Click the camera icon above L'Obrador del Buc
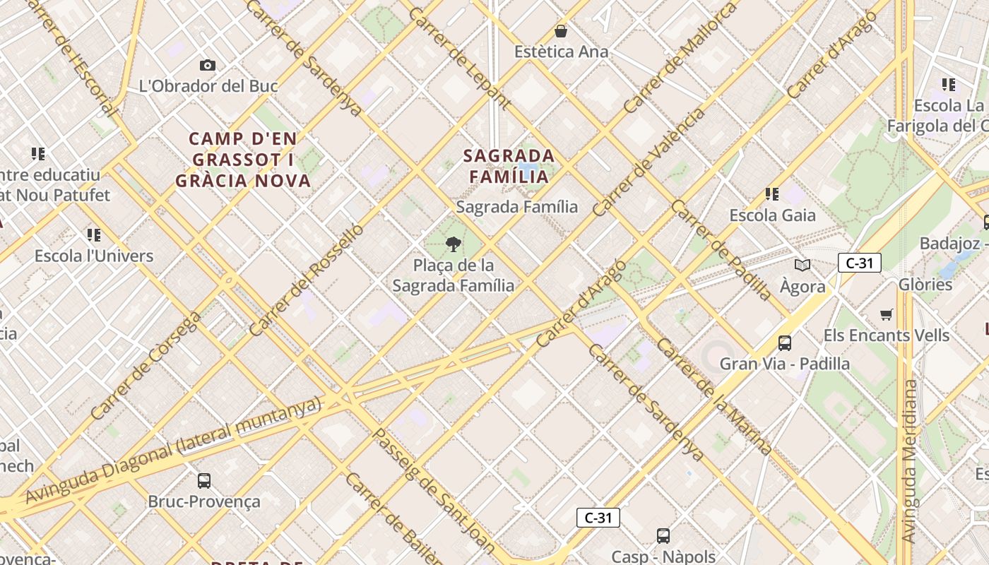[208, 66]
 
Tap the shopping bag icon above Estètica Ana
[561, 31]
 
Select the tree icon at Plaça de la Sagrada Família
[453, 244]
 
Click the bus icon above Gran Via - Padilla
[784, 343]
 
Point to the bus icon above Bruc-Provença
[203, 481]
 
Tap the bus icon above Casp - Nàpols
[663, 536]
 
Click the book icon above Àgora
[802, 266]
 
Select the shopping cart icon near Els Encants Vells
[887, 314]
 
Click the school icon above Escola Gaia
[771, 194]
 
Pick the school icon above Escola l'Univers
[93, 234]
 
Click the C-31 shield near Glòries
[859, 263]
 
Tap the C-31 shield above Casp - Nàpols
[598, 518]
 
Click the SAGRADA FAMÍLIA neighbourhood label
[509, 166]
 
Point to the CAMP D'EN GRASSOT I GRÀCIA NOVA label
[243, 160]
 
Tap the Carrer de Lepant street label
[458, 58]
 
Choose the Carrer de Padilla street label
[721, 249]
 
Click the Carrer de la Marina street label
[714, 396]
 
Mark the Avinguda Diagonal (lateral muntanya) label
[173, 450]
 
